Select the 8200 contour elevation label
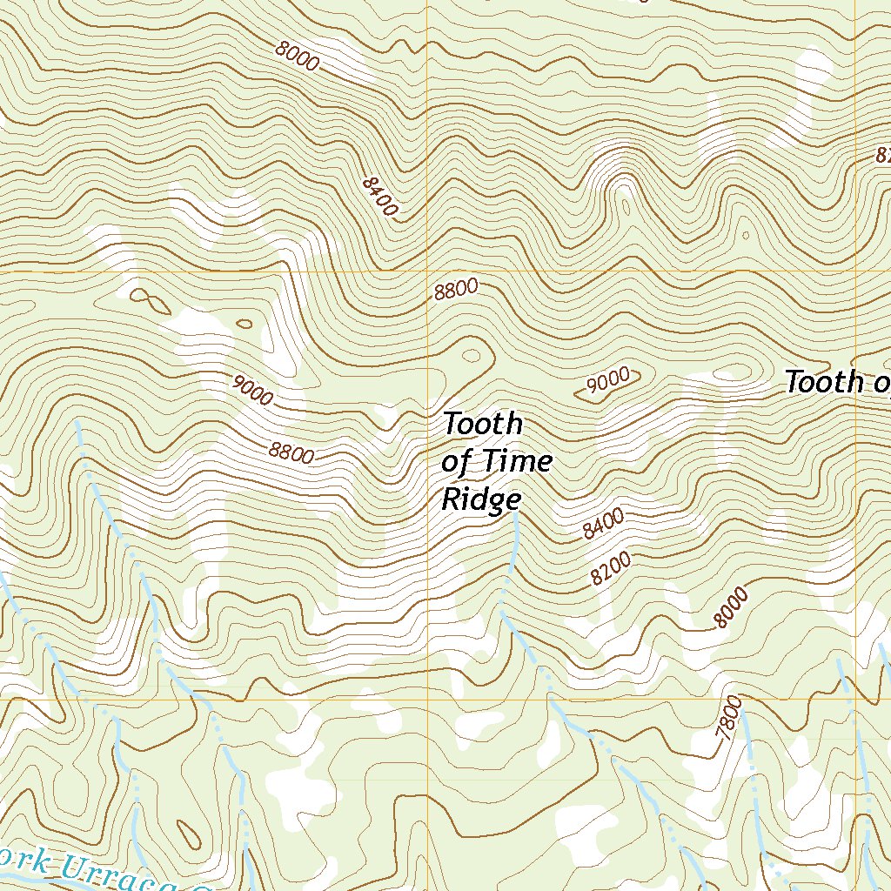pos(610,570)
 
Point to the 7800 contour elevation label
pos(729,720)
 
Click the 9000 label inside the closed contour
pos(608,380)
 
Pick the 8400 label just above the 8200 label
pos(603,524)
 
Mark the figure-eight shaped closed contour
pos(150,300)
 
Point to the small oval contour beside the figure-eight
pos(245,325)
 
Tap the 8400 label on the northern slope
pos(379,196)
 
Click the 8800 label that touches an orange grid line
pos(456,290)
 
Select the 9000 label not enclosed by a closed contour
pos(252,391)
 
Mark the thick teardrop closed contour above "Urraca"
pos(185,836)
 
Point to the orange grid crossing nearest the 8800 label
pos(427,272)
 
